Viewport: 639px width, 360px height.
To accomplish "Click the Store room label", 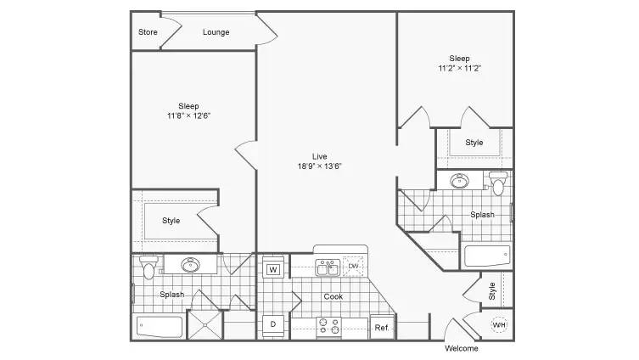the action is coord(148,32).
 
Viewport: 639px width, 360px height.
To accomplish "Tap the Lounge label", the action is coord(216,32).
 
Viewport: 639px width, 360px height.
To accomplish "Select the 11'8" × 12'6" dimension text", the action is coord(188,115).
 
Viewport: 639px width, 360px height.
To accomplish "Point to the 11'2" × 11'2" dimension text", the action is coord(459,68).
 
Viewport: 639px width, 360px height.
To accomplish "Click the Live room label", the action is coord(319,156).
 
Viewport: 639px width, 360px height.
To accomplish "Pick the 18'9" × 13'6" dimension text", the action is coord(319,166).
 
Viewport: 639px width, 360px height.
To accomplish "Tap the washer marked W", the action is coord(273,269).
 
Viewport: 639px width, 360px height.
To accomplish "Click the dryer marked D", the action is coord(273,324).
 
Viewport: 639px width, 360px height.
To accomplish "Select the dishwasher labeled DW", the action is coord(353,267).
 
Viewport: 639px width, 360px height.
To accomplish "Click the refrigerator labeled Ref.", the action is coord(382,328).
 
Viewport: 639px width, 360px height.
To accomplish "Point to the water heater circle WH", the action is coord(499,325).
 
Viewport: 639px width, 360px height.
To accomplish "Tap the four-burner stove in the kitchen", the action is coord(329,326).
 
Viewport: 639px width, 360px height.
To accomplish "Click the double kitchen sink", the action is coord(328,267).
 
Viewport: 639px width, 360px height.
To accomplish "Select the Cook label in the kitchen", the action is coord(334,297).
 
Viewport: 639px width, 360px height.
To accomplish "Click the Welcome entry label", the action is coord(462,349).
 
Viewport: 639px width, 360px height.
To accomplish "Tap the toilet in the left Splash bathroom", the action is coord(149,267).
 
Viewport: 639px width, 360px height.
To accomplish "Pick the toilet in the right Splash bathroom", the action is coord(498,183).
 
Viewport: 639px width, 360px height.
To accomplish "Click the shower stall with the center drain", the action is coord(205,325).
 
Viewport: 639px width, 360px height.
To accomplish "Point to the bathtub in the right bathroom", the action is coord(487,256).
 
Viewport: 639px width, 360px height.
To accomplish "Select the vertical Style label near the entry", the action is coord(492,291).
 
